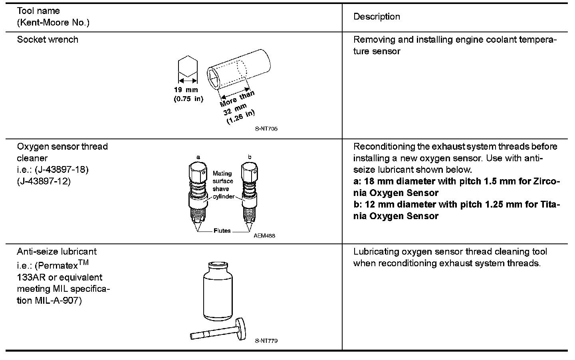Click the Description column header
pos(377,17)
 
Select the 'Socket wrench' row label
pos(48,40)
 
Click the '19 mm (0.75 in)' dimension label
pos(188,94)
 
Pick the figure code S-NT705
pos(266,129)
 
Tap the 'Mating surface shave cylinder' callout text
pos(223,185)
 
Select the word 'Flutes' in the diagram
pos(222,231)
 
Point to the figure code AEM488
pos(264,235)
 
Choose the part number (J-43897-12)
pos(44,181)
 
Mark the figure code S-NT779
pos(266,341)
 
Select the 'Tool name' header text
pos(38,11)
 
